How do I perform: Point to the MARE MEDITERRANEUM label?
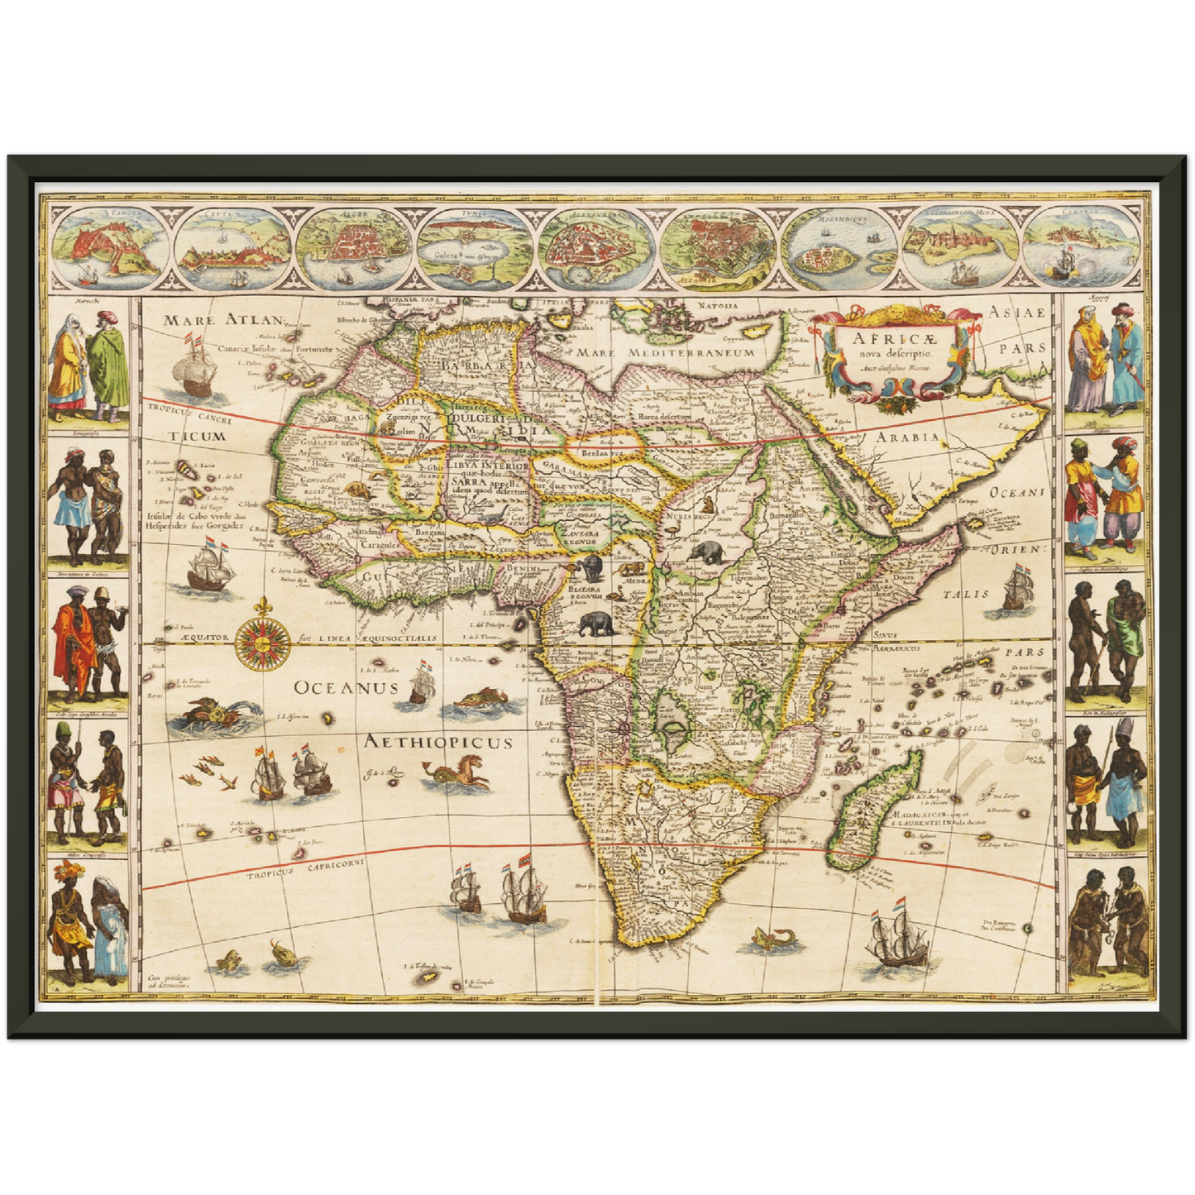[666, 352]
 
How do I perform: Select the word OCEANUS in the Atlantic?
[346, 687]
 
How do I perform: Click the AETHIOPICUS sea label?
[438, 742]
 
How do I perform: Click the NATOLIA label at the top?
[717, 306]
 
